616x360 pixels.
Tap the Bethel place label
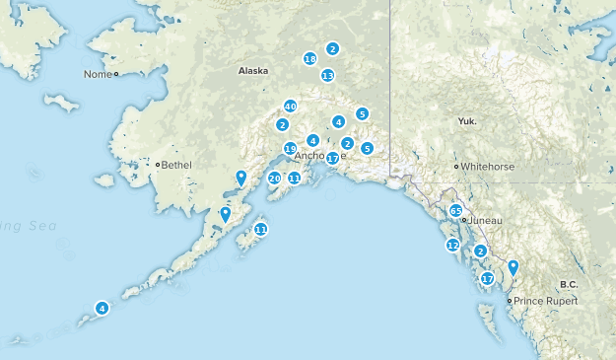pyautogui.click(x=177, y=164)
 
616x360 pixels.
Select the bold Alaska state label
pyautogui.click(x=252, y=71)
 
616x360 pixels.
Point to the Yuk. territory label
pyautogui.click(x=467, y=121)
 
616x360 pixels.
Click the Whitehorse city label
pyautogui.click(x=487, y=167)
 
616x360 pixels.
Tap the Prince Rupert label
pyautogui.click(x=540, y=300)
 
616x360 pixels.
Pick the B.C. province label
pyautogui.click(x=569, y=284)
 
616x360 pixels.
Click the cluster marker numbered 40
pyautogui.click(x=290, y=107)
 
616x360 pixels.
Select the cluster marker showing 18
pyautogui.click(x=309, y=59)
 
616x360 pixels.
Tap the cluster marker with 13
pyautogui.click(x=327, y=75)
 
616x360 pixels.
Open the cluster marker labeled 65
pyautogui.click(x=455, y=211)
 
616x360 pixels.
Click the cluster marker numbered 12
pyautogui.click(x=452, y=245)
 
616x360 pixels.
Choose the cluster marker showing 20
pyautogui.click(x=274, y=179)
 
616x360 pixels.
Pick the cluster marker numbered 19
pyautogui.click(x=290, y=149)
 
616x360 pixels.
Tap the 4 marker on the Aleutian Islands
pyautogui.click(x=102, y=308)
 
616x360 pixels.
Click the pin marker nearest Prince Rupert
pyautogui.click(x=513, y=267)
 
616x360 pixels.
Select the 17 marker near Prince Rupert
pyautogui.click(x=486, y=279)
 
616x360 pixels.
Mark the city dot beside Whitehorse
pyautogui.click(x=455, y=167)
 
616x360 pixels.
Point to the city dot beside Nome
pyautogui.click(x=115, y=74)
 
